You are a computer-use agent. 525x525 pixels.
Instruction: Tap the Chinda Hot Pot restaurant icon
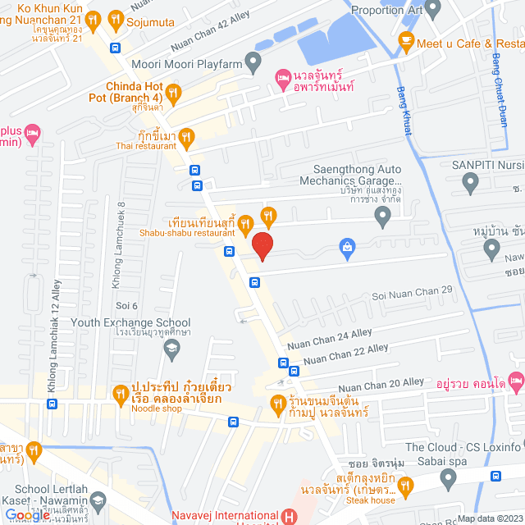pos(172,91)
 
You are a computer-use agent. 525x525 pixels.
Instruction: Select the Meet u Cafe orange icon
pos(405,39)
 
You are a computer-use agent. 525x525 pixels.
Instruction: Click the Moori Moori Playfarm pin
pos(253,62)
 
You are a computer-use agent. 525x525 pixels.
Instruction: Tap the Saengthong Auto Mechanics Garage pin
pos(381,217)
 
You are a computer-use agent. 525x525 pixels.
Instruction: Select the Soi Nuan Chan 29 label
pos(412,290)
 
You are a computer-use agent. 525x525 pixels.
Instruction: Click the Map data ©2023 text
pos(488,518)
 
